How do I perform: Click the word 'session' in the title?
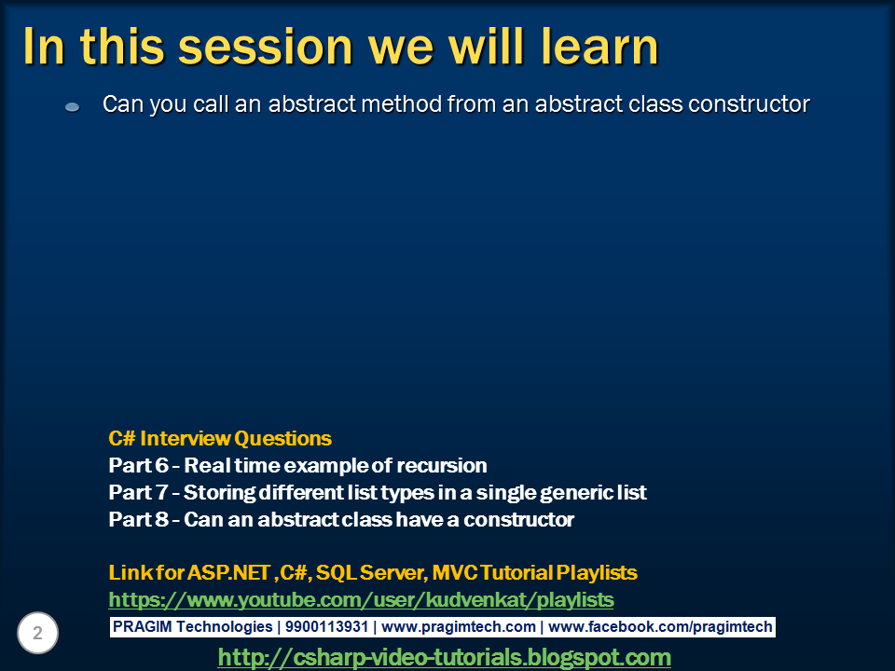[x=266, y=47]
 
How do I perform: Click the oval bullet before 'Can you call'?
[x=73, y=106]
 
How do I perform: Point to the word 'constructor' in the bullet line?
[x=749, y=103]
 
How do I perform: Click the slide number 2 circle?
[x=37, y=633]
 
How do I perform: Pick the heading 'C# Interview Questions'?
[x=220, y=438]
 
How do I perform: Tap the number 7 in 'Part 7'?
[x=160, y=492]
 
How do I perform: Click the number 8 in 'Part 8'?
[x=161, y=520]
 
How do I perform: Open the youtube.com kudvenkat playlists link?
[x=362, y=599]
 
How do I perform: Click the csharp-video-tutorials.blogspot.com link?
[x=445, y=657]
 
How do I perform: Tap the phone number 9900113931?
[x=326, y=626]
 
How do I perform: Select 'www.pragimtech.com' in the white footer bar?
[x=459, y=627]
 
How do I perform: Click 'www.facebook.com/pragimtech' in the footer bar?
[x=660, y=627]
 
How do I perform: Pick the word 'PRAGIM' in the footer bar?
[x=142, y=626]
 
